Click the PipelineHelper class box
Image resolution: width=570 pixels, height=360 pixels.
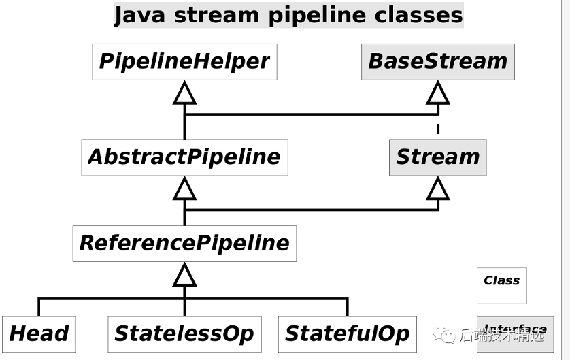tap(184, 62)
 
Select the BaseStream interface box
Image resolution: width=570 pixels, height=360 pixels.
tap(437, 62)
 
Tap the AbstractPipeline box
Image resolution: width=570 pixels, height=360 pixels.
tap(184, 157)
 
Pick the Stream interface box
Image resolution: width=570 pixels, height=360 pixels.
tap(437, 157)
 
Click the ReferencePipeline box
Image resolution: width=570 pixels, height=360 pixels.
tap(184, 243)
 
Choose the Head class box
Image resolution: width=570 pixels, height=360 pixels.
tap(39, 333)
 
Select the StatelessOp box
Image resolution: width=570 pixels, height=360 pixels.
tap(184, 333)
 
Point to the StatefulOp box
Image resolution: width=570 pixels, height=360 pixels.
tap(347, 333)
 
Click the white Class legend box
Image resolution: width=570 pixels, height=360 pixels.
tap(501, 285)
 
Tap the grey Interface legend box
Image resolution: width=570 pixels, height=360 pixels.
tap(515, 333)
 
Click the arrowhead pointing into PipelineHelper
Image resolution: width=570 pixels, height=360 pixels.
tap(184, 93)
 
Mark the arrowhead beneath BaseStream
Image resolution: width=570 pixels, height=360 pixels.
tap(437, 93)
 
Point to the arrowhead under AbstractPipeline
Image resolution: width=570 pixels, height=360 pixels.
tap(184, 189)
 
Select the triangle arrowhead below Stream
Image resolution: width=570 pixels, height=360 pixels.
tap(437, 189)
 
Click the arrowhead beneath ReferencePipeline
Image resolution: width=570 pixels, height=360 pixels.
tap(184, 274)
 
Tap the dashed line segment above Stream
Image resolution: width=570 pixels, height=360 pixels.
tap(437, 129)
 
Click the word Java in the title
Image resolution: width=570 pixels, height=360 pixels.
tap(140, 15)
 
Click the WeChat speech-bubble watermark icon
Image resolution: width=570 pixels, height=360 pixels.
tap(446, 334)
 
